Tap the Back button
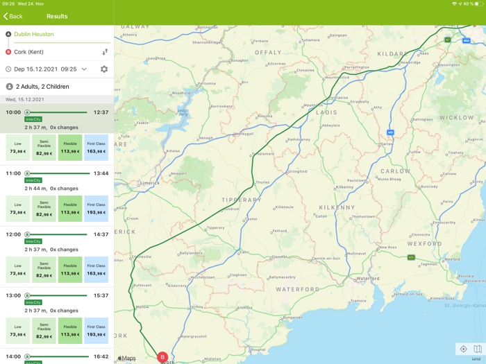click(13, 16)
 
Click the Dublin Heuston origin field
click(34, 34)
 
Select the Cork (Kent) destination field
click(29, 52)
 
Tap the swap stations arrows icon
click(105, 52)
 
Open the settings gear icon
click(104, 69)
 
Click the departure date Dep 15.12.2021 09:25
click(45, 69)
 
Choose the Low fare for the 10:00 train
click(18, 148)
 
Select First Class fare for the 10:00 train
click(97, 148)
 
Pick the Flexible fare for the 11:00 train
click(70, 209)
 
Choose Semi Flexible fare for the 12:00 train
click(44, 270)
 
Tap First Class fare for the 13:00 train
click(97, 331)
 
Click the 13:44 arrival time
click(101, 173)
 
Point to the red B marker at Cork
click(162, 358)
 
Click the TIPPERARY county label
click(242, 200)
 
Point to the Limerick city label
click(150, 183)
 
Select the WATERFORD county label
click(297, 289)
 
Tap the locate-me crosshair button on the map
click(463, 349)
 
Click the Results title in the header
click(57, 16)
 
